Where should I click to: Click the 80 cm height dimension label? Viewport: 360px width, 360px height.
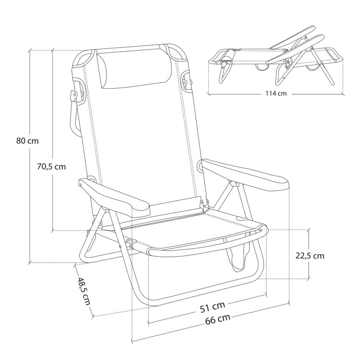click(x=27, y=141)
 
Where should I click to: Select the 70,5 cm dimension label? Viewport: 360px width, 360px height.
click(x=51, y=166)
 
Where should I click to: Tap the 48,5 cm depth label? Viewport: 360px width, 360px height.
click(x=84, y=291)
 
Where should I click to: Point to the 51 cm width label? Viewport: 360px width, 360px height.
click(x=212, y=307)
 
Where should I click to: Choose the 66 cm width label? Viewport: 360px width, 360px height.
click(x=217, y=319)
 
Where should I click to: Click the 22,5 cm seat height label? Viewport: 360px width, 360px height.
click(x=310, y=256)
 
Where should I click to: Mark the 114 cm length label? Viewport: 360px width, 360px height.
click(x=276, y=94)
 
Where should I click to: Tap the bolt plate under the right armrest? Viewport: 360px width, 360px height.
click(x=233, y=183)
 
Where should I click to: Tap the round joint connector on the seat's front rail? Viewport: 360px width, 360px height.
click(x=130, y=244)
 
